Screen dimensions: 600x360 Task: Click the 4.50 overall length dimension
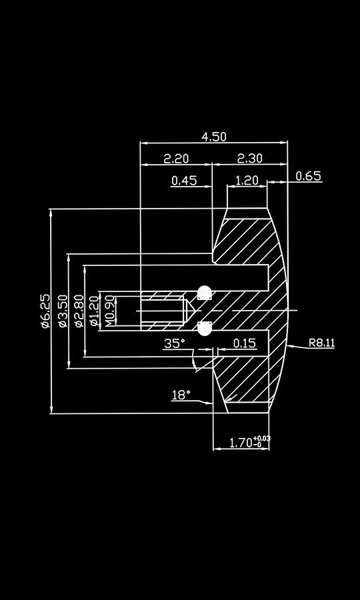[x=214, y=137]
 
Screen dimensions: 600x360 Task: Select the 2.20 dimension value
[x=176, y=159]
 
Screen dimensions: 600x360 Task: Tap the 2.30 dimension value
[x=249, y=159]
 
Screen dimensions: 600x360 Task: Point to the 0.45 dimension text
[x=184, y=180]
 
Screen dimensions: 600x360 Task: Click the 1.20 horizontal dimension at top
[x=247, y=180]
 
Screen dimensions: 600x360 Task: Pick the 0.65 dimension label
[x=308, y=176]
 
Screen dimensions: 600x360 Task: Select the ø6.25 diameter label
[x=45, y=311]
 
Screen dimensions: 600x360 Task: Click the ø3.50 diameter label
[x=63, y=311]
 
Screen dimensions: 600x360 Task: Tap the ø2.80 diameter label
[x=79, y=311]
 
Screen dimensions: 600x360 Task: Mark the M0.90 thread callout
[x=110, y=311]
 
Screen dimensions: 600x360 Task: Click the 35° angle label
[x=175, y=343]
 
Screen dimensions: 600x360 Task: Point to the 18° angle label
[x=181, y=395]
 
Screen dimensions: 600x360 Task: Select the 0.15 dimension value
[x=245, y=343]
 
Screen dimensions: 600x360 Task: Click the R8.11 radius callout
[x=321, y=343]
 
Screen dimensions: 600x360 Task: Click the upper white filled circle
[x=205, y=293]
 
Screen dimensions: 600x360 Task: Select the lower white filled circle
[x=205, y=328]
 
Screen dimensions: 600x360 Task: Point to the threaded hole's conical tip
[x=191, y=311]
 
